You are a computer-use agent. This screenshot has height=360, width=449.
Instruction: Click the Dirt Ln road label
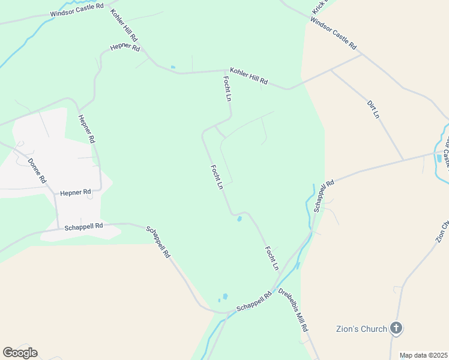373,109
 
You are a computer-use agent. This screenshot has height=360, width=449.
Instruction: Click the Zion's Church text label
360,329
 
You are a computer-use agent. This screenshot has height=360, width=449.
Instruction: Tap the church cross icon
396,328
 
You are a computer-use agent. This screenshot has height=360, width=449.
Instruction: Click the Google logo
20,353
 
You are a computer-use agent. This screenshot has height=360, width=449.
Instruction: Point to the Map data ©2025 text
423,355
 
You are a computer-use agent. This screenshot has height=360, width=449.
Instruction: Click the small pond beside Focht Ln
240,219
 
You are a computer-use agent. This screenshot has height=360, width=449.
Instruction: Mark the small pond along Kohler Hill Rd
173,67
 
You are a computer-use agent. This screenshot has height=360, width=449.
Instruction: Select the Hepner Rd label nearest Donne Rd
75,193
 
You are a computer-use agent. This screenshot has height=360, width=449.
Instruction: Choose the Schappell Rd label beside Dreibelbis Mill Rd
254,301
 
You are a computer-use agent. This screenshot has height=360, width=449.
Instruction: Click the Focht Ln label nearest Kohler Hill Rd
227,88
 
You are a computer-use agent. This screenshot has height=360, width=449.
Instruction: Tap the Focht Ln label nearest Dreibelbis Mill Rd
272,257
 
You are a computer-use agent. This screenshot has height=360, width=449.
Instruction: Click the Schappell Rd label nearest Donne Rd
83,226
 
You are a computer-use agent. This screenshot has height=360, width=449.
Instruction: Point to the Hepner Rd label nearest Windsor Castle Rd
125,47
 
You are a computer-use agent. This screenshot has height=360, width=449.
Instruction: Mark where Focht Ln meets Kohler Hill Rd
221,71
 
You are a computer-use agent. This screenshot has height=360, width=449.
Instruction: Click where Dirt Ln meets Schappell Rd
403,160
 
